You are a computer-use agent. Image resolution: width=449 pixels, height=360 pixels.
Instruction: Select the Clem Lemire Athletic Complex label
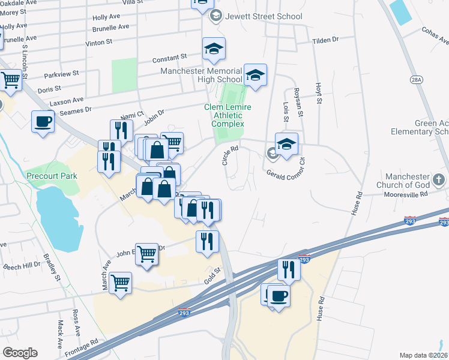pyautogui.click(x=228, y=115)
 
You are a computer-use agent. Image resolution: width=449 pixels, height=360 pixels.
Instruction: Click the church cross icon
pyautogui.click(x=439, y=179)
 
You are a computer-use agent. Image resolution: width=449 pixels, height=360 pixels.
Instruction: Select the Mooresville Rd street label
pyautogui.click(x=407, y=194)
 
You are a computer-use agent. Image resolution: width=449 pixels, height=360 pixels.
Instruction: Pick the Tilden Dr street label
pyautogui.click(x=325, y=40)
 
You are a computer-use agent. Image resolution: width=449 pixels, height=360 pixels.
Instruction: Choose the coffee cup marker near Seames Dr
pyautogui.click(x=43, y=122)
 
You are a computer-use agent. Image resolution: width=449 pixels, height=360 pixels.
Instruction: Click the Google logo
pyautogui.click(x=20, y=352)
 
